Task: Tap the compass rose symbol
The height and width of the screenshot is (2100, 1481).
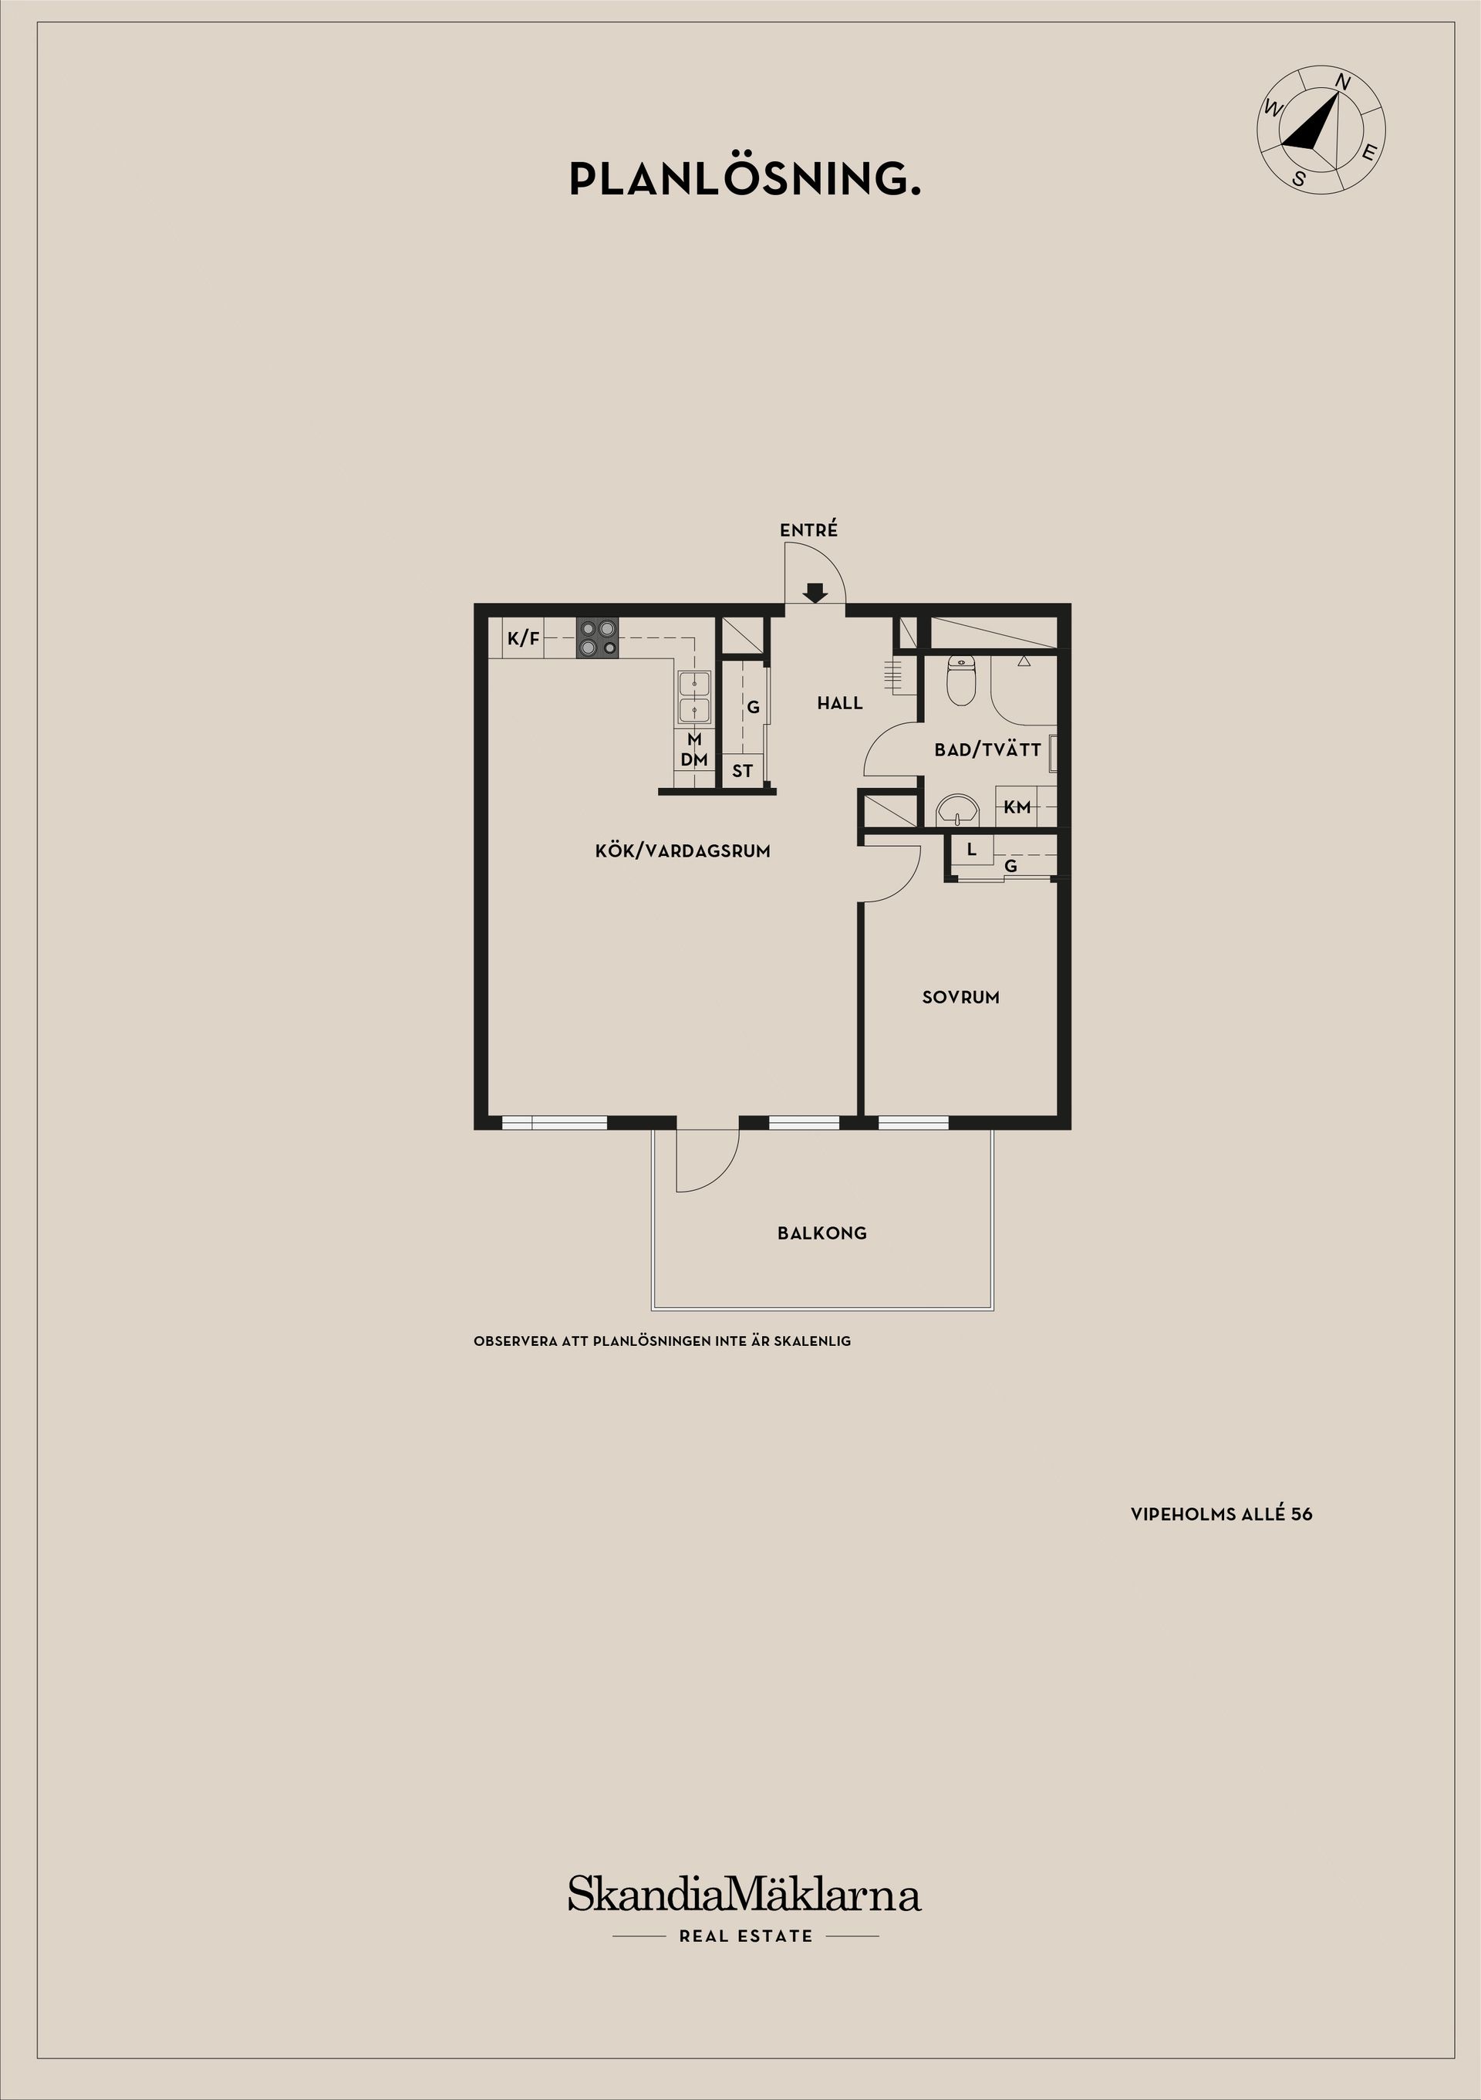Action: click(1322, 129)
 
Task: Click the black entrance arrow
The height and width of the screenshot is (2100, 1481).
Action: click(815, 593)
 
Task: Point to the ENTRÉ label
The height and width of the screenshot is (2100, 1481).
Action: click(808, 529)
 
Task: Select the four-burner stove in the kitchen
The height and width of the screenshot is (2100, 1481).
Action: click(597, 637)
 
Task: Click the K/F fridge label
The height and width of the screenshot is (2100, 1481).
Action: click(524, 638)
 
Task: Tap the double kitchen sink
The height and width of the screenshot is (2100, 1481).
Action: click(694, 698)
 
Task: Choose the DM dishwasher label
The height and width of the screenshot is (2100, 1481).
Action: click(694, 759)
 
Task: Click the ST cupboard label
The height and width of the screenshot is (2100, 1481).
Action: click(742, 771)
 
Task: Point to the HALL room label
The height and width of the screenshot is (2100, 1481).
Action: click(840, 703)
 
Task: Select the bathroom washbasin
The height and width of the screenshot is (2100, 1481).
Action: click(957, 810)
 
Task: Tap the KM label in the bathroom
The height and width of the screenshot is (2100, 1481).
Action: click(1017, 807)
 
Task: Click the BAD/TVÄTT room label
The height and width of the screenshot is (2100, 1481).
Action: click(987, 750)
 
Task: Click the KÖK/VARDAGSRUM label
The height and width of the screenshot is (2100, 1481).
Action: click(683, 850)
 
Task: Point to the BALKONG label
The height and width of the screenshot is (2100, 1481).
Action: click(821, 1233)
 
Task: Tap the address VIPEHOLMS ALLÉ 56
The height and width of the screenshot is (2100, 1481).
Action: click(1221, 1513)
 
